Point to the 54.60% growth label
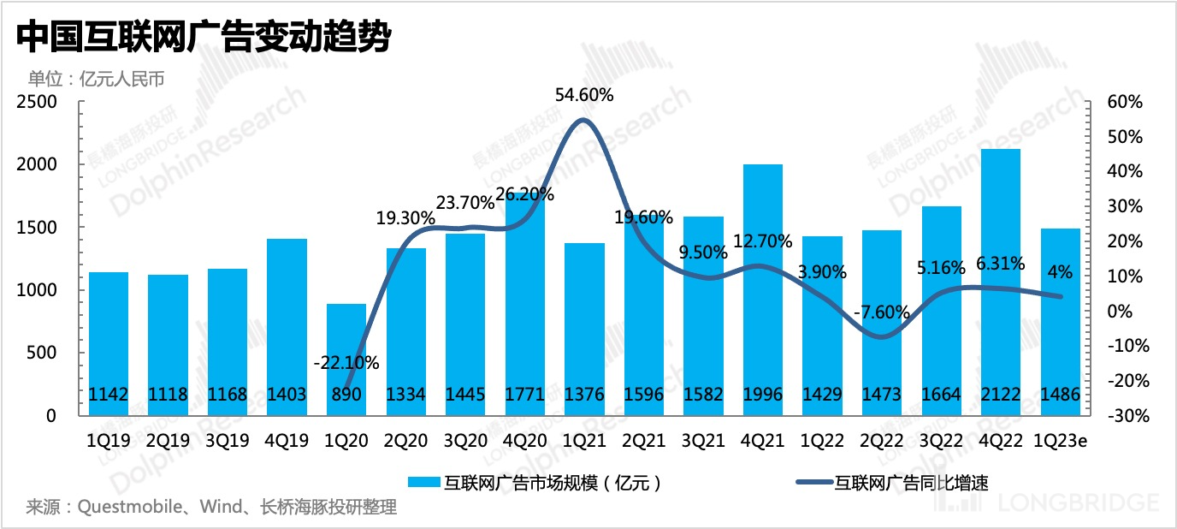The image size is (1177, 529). (584, 95)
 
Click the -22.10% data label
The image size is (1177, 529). (346, 363)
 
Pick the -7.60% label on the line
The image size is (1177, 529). (881, 312)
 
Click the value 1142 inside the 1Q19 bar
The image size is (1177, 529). (109, 395)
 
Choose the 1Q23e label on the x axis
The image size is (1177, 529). (1061, 442)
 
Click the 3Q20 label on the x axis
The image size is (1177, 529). (465, 442)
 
